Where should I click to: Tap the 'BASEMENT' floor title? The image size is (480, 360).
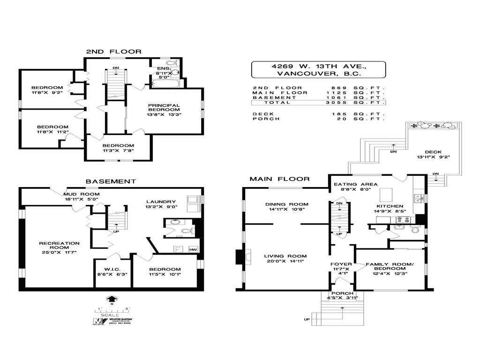(x=111, y=181)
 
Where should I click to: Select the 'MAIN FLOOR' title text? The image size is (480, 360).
(x=279, y=179)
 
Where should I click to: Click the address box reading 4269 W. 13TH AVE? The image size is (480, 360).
(x=319, y=70)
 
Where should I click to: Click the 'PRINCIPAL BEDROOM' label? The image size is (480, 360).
(x=165, y=109)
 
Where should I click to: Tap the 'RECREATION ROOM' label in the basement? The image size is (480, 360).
(x=59, y=246)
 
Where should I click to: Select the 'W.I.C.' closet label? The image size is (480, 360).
(x=112, y=270)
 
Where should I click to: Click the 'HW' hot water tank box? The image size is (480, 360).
(x=193, y=249)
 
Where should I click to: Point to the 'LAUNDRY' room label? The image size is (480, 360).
(x=160, y=202)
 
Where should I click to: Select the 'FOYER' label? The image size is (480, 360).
(x=341, y=264)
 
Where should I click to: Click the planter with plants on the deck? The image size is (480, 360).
(x=432, y=126)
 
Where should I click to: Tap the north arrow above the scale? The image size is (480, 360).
(x=112, y=299)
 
